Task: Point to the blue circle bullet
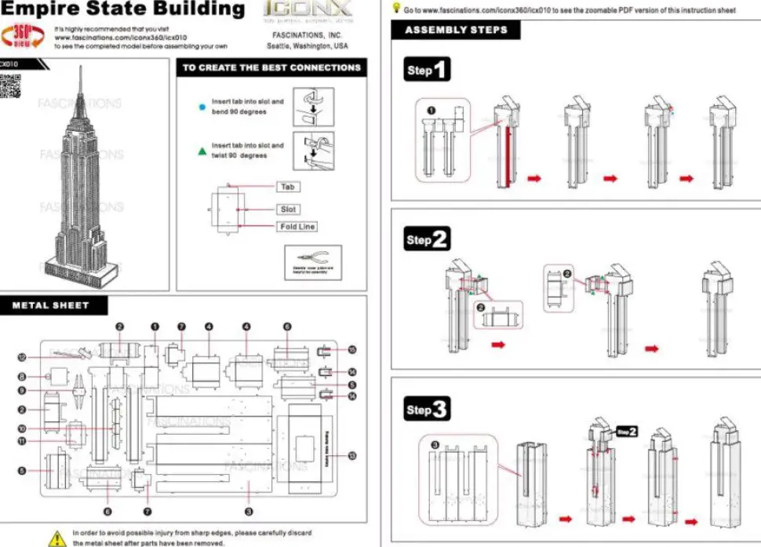click(202, 107)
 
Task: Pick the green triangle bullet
click(202, 150)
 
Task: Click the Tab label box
click(288, 187)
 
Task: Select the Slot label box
click(288, 210)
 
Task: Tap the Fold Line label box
click(297, 227)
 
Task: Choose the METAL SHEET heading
click(51, 305)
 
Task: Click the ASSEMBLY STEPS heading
click(457, 30)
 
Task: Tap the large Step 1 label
click(428, 70)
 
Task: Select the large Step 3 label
click(428, 409)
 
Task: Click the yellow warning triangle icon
click(57, 538)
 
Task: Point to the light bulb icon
click(397, 8)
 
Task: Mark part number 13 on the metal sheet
click(352, 456)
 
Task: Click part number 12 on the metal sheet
click(23, 357)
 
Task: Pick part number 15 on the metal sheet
click(352, 350)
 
